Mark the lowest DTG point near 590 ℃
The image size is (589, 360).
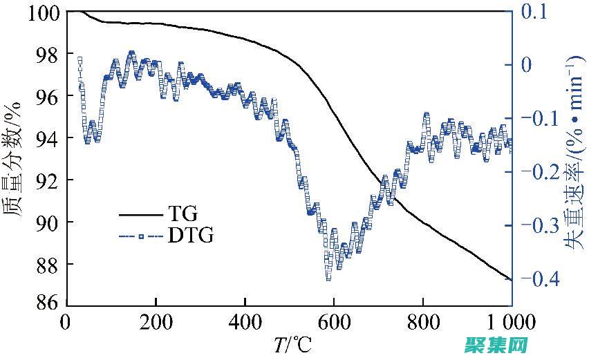(328, 278)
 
